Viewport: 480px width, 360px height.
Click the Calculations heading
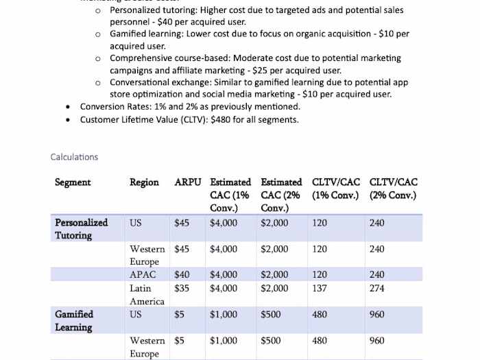[x=74, y=157]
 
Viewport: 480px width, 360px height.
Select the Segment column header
[x=73, y=182]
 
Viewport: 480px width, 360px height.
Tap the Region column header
[x=144, y=182]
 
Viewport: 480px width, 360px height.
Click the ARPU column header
[x=188, y=182]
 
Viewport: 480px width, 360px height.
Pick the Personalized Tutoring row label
[x=82, y=229]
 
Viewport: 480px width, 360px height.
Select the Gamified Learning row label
[x=74, y=321]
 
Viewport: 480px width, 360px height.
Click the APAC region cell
[x=143, y=275]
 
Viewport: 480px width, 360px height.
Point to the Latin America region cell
[x=147, y=295]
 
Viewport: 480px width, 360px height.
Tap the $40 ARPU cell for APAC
[x=182, y=275]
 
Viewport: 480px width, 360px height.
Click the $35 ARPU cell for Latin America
[x=182, y=289]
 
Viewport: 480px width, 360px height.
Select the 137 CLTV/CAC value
[x=320, y=289]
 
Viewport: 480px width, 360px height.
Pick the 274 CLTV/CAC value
[x=377, y=289]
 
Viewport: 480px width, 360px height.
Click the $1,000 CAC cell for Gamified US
[x=224, y=315]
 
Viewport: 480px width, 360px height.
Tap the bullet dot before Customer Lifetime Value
[x=67, y=120]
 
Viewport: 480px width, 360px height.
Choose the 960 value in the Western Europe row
[x=377, y=341]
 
